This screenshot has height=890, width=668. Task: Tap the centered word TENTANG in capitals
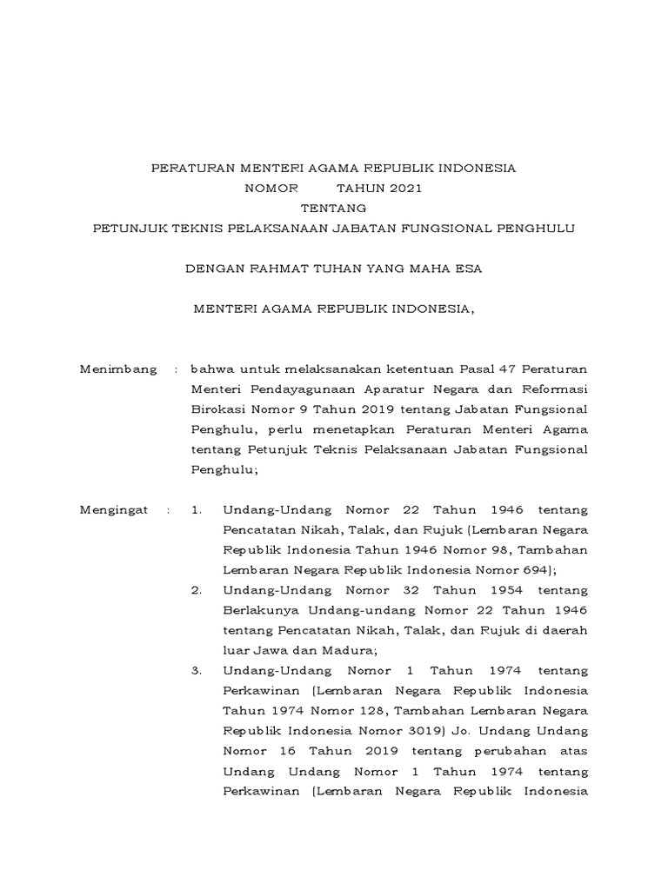[x=333, y=208]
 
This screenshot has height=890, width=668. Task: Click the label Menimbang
[x=118, y=369]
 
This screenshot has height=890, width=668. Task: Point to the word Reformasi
[x=553, y=389]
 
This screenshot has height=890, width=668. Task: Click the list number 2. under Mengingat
[x=196, y=590]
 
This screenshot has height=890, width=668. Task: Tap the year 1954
[x=509, y=590]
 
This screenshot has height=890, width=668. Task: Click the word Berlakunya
[x=258, y=610]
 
